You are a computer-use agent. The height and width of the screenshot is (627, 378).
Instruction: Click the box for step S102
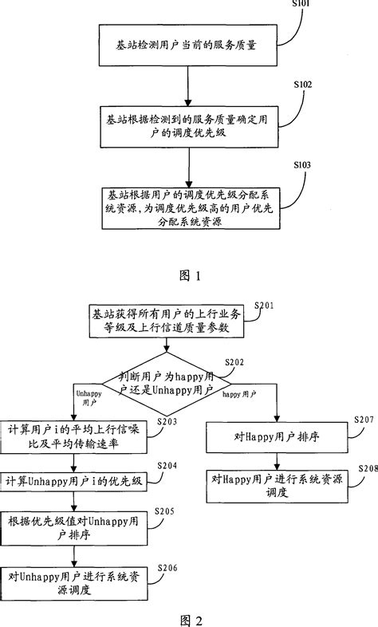click(188, 124)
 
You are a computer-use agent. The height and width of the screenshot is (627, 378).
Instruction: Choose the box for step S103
click(188, 208)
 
